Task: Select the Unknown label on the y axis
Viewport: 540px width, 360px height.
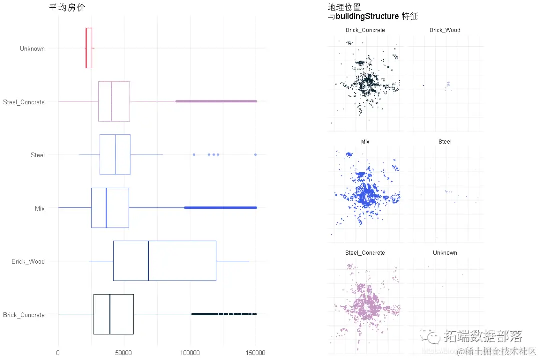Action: coord(32,49)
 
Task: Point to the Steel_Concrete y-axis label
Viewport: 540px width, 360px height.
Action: coord(24,102)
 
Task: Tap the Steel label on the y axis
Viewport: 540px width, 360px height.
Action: coord(38,155)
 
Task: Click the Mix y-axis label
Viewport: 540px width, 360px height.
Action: coord(39,208)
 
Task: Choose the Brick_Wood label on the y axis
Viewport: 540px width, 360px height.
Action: coord(28,262)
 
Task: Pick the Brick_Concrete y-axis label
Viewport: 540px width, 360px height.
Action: coord(24,315)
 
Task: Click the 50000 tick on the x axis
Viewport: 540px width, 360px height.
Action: coord(124,353)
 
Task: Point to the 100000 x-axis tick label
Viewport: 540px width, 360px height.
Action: coord(190,353)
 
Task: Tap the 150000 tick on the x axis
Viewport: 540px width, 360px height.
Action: coord(256,353)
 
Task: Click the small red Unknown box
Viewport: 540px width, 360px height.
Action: coord(89,48)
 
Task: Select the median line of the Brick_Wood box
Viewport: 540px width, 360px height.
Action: coord(148,261)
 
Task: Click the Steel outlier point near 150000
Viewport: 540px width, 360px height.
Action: coord(255,155)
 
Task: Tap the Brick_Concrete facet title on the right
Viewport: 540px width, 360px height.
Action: coord(365,30)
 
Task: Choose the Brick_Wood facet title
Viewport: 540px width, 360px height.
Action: coord(445,30)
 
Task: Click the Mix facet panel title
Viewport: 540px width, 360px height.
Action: coord(365,142)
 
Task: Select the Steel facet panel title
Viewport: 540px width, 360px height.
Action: coord(445,142)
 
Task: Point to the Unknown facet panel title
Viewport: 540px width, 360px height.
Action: coord(445,253)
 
